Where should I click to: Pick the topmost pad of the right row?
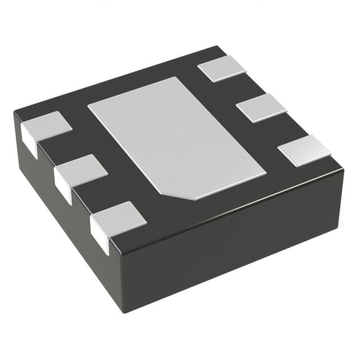coord(223,69)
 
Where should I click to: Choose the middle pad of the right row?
coord(260,107)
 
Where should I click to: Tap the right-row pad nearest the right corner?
coord(304,149)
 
